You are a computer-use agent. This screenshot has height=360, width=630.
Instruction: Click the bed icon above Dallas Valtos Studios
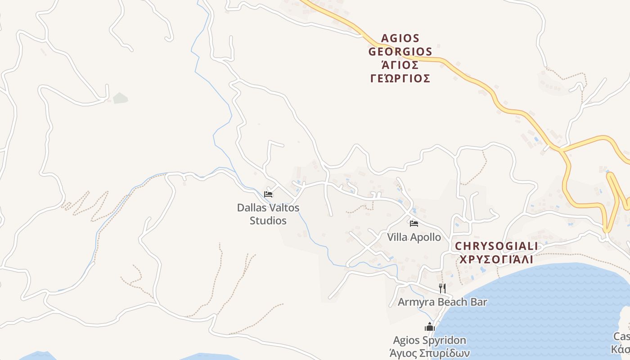click(x=268, y=194)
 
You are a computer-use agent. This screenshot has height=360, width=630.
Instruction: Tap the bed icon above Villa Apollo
click(x=414, y=223)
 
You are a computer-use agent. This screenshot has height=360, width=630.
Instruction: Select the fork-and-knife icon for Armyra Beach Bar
click(x=442, y=288)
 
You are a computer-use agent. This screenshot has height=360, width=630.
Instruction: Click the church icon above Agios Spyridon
click(x=429, y=327)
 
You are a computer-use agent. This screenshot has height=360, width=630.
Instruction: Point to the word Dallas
click(x=251, y=208)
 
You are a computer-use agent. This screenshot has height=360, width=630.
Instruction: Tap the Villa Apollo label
click(x=414, y=237)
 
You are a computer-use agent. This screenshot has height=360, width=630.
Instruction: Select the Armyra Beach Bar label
click(x=442, y=301)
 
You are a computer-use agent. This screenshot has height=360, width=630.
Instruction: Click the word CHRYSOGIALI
click(x=496, y=246)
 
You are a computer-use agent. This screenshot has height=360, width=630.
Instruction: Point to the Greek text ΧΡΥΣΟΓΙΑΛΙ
click(x=496, y=260)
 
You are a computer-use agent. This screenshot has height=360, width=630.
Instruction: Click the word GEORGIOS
click(x=400, y=52)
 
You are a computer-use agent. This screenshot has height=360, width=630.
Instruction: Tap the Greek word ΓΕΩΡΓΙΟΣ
click(x=400, y=79)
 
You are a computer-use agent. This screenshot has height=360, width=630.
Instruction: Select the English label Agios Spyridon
click(x=429, y=340)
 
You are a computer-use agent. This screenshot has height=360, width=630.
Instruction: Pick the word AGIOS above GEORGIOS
click(x=400, y=38)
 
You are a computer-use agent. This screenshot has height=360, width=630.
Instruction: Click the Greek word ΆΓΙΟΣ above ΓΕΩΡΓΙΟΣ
click(x=400, y=65)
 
